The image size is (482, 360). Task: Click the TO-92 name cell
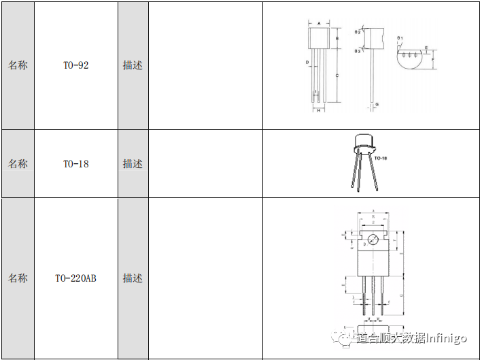[75, 66]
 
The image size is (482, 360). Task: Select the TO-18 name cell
[75, 164]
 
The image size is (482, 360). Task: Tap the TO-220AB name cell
[75, 278]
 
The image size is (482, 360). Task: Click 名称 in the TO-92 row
[18, 66]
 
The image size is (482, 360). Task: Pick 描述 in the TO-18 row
[133, 164]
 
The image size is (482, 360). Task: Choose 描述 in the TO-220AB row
[133, 278]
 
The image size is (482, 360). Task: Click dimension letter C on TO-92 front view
[338, 75]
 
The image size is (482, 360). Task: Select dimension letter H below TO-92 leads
[318, 110]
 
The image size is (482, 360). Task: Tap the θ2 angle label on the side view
[358, 32]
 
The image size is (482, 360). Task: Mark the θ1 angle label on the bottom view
[400, 37]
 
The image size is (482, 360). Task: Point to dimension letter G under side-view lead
[377, 105]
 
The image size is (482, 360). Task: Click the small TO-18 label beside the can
[381, 158]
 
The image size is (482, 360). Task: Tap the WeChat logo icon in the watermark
[337, 338]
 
